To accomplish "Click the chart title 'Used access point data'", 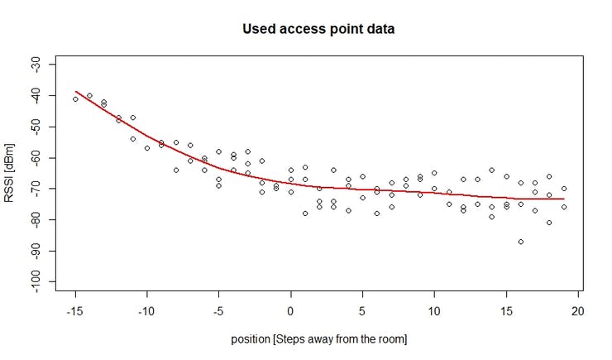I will tap(318, 29).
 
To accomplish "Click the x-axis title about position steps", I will tap(319, 338).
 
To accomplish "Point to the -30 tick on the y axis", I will tap(47, 65).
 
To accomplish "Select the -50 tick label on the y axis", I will tap(47, 127).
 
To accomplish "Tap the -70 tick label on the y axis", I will tap(47, 189).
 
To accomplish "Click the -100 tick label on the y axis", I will tap(47, 281).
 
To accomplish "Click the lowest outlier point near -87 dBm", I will tap(520, 242).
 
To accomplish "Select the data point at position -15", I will tap(75, 98).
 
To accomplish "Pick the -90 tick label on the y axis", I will tap(47, 251).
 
